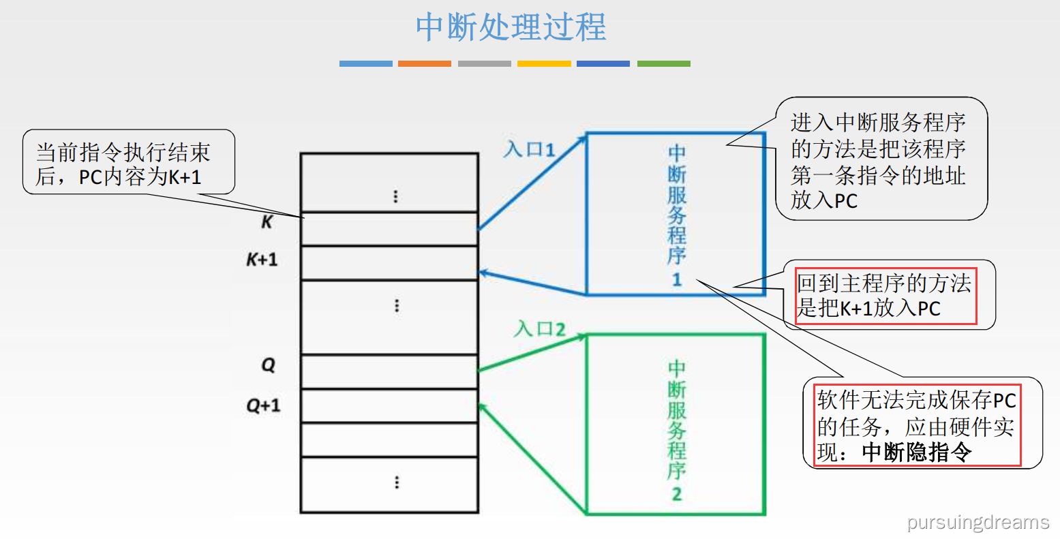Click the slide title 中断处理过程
pyautogui.click(x=511, y=27)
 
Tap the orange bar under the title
pyautogui.click(x=425, y=63)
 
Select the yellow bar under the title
pyautogui.click(x=544, y=63)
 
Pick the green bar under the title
pyautogui.click(x=663, y=63)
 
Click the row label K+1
pyautogui.click(x=262, y=260)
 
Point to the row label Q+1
pyautogui.click(x=263, y=406)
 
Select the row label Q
pyautogui.click(x=268, y=365)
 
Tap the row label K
pyautogui.click(x=267, y=222)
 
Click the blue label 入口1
pyautogui.click(x=530, y=149)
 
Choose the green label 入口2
pyautogui.click(x=540, y=329)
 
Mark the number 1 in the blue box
pyautogui.click(x=676, y=279)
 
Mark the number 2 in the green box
pyautogui.click(x=676, y=493)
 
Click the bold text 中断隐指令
pyautogui.click(x=916, y=452)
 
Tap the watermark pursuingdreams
pyautogui.click(x=978, y=522)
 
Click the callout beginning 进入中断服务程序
pyautogui.click(x=879, y=161)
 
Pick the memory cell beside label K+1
pyautogui.click(x=389, y=263)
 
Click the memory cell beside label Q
pyautogui.click(x=389, y=371)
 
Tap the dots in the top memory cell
pyautogui.click(x=395, y=197)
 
